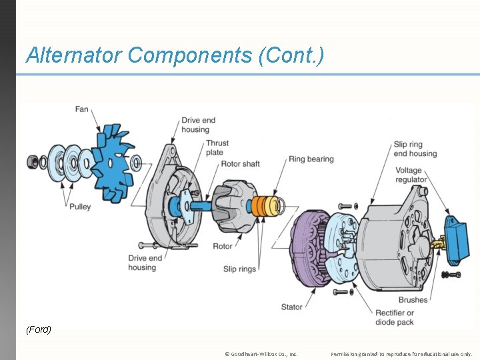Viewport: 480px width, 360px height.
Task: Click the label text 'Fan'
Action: point(81,109)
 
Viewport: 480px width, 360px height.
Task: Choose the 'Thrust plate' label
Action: point(217,147)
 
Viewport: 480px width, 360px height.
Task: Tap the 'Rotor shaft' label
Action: point(240,164)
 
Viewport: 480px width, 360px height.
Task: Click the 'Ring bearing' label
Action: point(311,159)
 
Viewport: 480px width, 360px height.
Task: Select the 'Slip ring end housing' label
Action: point(415,149)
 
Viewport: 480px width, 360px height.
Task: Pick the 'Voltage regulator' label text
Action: point(411,175)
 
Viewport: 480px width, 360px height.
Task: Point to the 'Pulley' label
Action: point(79,207)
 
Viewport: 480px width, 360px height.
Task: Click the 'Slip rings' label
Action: point(239,269)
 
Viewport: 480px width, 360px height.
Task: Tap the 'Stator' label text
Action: point(291,307)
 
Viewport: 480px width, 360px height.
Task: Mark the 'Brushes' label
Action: point(413,300)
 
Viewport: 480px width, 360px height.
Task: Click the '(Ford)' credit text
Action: point(39,329)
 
